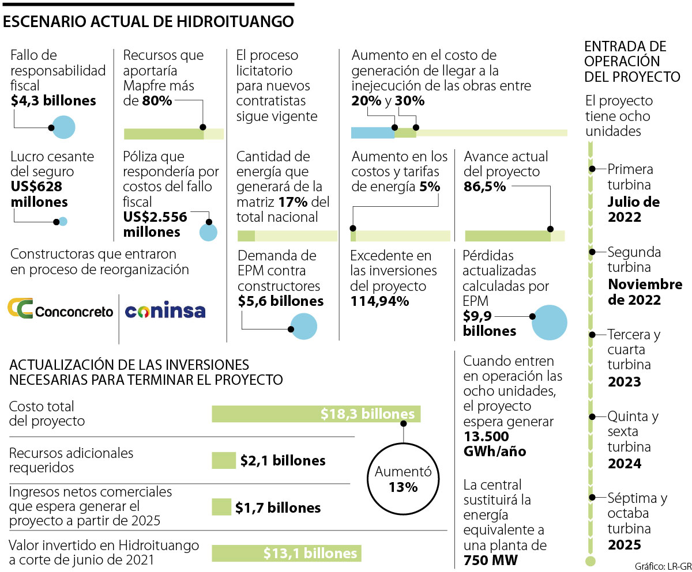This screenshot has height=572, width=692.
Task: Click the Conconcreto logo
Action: (x=60, y=310)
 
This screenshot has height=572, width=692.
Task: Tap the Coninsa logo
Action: (x=166, y=311)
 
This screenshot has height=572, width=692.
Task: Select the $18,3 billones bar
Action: (x=316, y=414)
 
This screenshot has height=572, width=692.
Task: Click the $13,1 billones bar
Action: (x=287, y=553)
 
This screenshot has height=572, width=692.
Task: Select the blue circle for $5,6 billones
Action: (x=303, y=327)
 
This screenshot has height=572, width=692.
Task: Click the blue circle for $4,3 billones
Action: (x=63, y=127)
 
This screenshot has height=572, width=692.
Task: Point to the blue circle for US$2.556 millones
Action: (x=208, y=232)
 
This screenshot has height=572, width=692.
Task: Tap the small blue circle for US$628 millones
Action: (x=63, y=221)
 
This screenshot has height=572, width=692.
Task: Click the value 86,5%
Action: (x=484, y=187)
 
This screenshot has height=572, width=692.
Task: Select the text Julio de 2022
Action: (x=633, y=210)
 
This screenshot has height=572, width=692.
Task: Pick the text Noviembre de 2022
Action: (x=637, y=292)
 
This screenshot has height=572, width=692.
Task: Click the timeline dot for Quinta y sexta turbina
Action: (x=591, y=416)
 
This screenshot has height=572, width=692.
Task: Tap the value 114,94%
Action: (x=379, y=301)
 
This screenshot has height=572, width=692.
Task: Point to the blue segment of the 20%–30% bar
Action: (x=373, y=133)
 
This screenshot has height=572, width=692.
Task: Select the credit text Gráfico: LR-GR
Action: (x=663, y=564)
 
